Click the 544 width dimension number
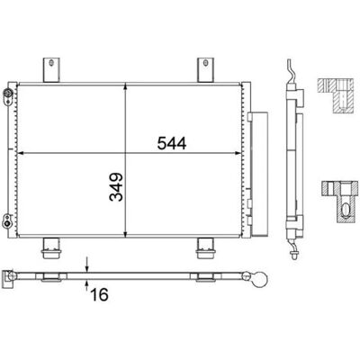[172, 143]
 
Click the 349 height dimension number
[116, 186]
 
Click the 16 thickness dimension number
[99, 295]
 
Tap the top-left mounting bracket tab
[51, 69]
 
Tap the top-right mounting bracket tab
[205, 69]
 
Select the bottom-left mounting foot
[51, 248]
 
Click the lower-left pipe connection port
[6, 220]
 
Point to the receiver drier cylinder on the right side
[258, 174]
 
